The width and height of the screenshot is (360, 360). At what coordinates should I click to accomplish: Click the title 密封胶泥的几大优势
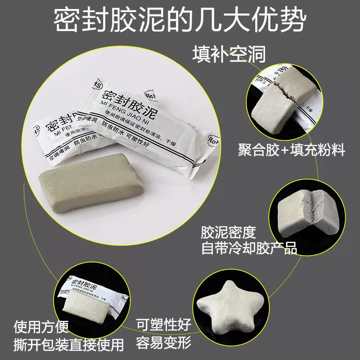[180, 21]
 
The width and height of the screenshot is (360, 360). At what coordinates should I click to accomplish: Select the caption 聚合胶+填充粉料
[292, 150]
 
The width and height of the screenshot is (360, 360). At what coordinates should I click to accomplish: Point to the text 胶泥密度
[228, 233]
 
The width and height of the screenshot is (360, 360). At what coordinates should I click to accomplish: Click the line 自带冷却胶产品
[249, 247]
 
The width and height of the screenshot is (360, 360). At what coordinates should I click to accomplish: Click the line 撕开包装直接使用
[69, 345]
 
